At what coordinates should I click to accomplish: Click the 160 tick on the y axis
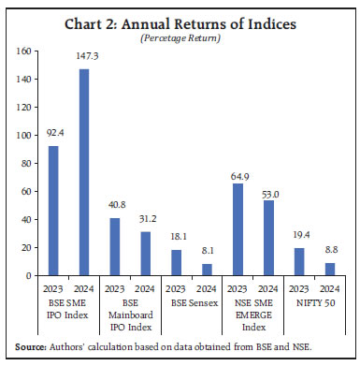coord(25,51)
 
